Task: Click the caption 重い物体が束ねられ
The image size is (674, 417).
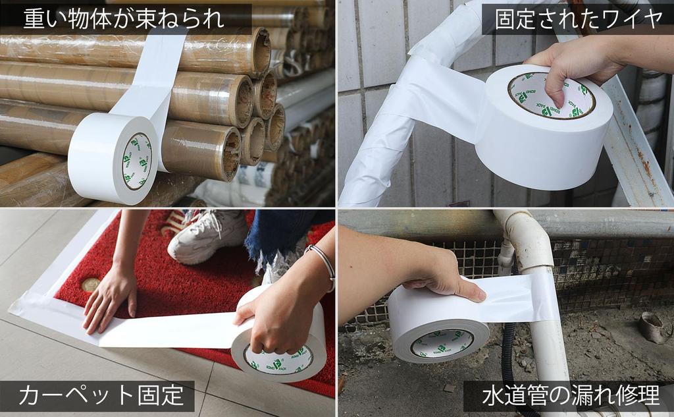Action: (124, 19)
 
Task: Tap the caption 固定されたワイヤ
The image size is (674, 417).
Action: (578, 19)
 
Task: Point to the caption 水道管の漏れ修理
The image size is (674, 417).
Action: (571, 396)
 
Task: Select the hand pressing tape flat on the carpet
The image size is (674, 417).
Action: (109, 300)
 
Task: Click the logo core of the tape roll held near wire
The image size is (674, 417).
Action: (551, 96)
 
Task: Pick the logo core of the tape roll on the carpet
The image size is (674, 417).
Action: (278, 358)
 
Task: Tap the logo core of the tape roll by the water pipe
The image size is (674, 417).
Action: (442, 343)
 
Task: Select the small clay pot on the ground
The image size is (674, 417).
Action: (654, 327)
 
